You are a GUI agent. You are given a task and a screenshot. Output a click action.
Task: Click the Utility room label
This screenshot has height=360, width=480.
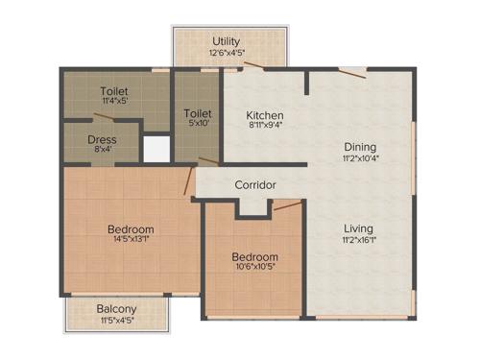pos(227,41)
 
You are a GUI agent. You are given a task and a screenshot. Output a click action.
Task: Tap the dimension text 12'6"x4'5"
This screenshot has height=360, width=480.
pos(227,53)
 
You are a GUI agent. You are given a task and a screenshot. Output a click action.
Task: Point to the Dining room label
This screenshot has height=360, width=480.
pos(360,147)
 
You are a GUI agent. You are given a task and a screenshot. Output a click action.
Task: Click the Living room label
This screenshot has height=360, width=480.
pos(360,228)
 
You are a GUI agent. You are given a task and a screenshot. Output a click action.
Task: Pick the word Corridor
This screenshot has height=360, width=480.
pos(255,184)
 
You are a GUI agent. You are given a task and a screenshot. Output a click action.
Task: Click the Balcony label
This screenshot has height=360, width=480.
pos(116,309)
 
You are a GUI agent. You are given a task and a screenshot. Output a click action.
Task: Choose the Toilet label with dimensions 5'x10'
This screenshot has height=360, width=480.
pos(198,113)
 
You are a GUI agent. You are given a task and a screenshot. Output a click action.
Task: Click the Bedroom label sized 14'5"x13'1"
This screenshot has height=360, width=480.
pos(131,230)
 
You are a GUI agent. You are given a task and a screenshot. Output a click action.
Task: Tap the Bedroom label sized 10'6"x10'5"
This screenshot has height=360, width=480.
pos(255,257)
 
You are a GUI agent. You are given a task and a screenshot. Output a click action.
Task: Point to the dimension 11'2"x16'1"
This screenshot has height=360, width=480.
pos(360,240)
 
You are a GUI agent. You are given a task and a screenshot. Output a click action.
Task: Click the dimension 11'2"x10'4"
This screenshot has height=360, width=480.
pos(360,158)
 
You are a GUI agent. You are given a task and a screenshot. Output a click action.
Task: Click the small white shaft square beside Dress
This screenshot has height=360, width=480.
pos(155,148)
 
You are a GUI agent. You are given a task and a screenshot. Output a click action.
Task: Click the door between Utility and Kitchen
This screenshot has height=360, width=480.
pos(254,66)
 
